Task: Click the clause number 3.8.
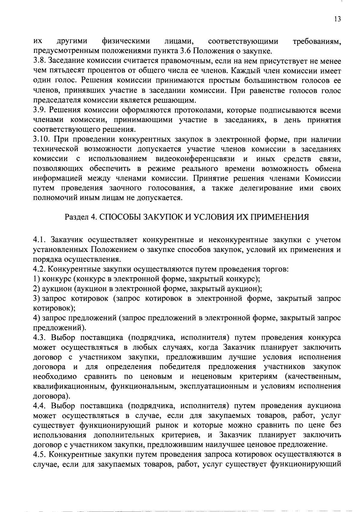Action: coord(39,62)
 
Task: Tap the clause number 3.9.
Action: coord(39,110)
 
